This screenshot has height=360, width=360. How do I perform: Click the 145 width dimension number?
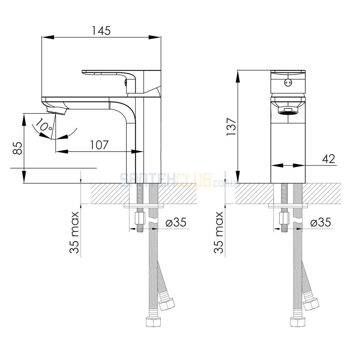tap(101, 31)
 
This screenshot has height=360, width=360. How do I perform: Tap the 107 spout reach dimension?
tap(99, 145)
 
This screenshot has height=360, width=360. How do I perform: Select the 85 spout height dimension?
tap(18, 148)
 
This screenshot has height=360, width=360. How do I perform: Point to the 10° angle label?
tap(43, 125)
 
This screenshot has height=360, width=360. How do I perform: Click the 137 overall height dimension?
tap(231, 127)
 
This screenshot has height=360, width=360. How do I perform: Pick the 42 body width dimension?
tap(329, 159)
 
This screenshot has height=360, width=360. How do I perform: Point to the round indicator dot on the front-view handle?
tap(288, 82)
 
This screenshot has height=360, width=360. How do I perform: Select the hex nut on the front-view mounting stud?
tap(284, 219)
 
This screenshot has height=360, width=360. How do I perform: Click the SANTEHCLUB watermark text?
tap(166, 180)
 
